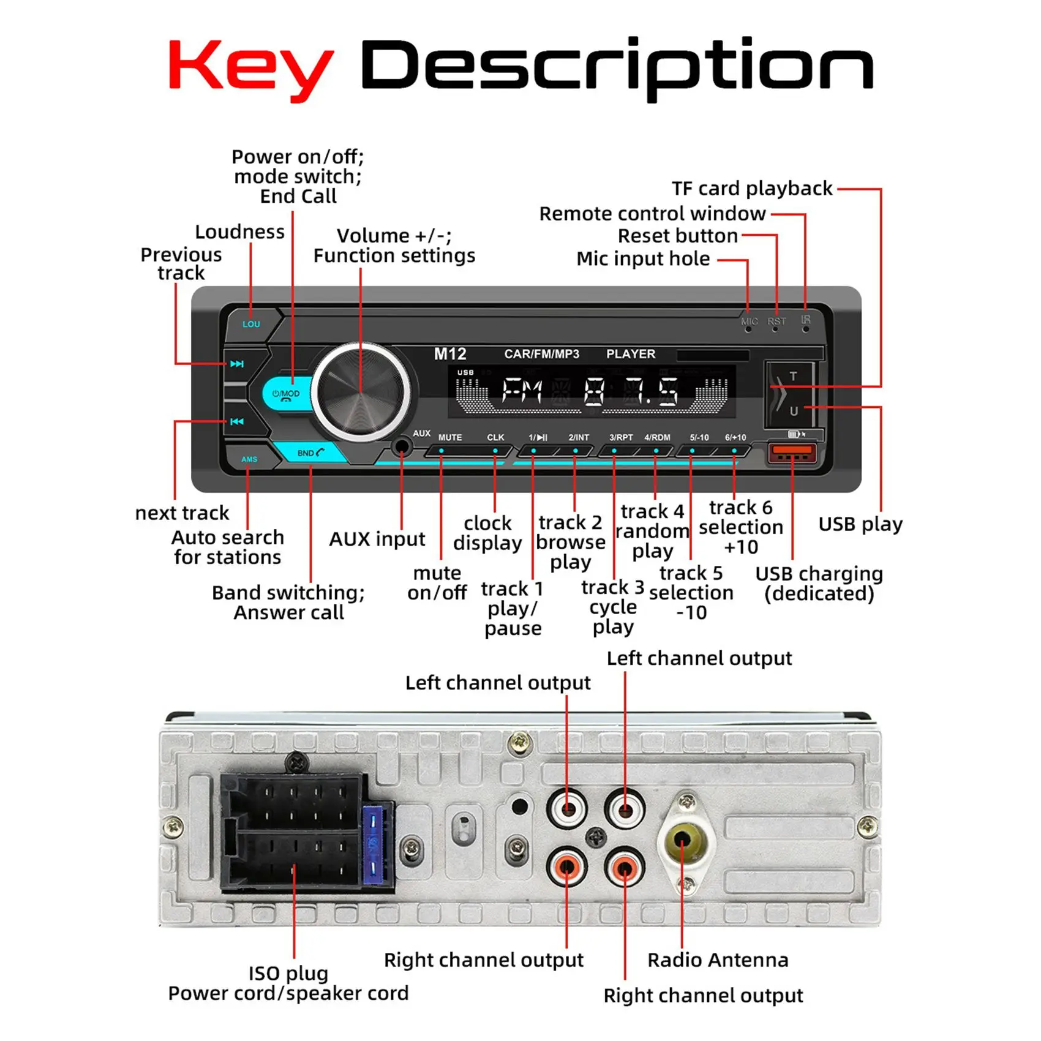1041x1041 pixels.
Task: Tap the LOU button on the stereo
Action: pos(251,324)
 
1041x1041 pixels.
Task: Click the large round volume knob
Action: pos(361,392)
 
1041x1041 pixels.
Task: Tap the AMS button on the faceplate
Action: pos(249,459)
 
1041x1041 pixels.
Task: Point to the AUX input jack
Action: pos(402,446)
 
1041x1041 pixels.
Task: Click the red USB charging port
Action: pos(792,454)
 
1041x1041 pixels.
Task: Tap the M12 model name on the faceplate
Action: pos(450,354)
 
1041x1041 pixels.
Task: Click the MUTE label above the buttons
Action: pos(450,437)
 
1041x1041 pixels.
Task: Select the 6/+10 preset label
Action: pos(735,437)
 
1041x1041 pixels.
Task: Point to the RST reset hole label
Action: pos(776,321)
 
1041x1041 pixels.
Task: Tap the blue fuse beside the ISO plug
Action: pos(373,844)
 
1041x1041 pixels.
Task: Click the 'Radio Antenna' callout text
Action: pos(718,960)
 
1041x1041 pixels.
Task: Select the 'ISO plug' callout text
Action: pos(288,972)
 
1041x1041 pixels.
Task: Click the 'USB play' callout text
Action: pos(860,524)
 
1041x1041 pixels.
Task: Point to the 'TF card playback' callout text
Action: pos(752,189)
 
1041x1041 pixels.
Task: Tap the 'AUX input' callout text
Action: pos(377,539)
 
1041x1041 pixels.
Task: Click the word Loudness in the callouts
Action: pos(240,232)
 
